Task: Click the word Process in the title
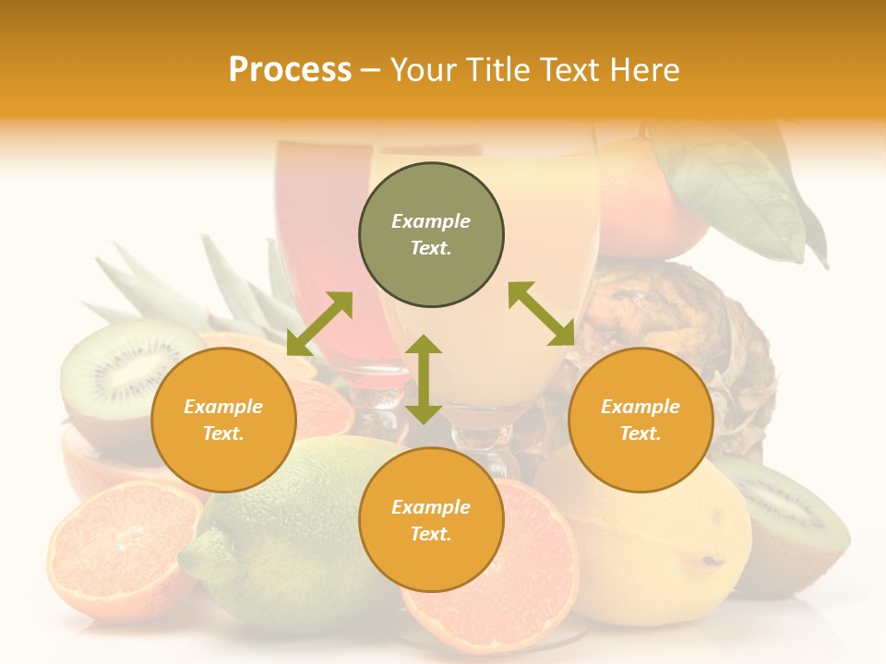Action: click(290, 70)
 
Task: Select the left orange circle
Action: click(223, 420)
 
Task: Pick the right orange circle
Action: click(641, 420)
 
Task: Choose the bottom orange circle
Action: click(431, 520)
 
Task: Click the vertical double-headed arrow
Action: click(423, 379)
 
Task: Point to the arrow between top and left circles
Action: click(319, 324)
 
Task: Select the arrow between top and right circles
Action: click(542, 314)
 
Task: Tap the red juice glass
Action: click(318, 240)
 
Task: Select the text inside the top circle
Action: click(431, 234)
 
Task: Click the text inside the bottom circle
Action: click(431, 520)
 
